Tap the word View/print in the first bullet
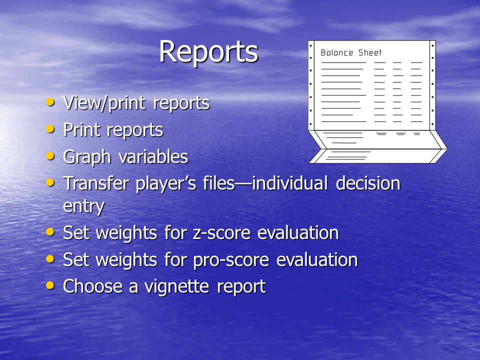click(x=104, y=103)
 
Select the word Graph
click(x=87, y=157)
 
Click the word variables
click(x=153, y=156)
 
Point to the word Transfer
click(x=96, y=183)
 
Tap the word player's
click(x=165, y=184)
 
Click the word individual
click(x=289, y=183)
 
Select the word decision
click(x=368, y=183)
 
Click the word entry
click(x=83, y=206)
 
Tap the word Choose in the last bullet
click(x=93, y=286)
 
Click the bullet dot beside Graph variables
click(x=50, y=156)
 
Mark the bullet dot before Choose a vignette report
click(x=50, y=285)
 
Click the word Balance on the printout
click(x=336, y=52)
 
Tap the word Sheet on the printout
click(x=370, y=52)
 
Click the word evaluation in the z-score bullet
click(x=298, y=232)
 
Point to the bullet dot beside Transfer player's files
click(x=50, y=182)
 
